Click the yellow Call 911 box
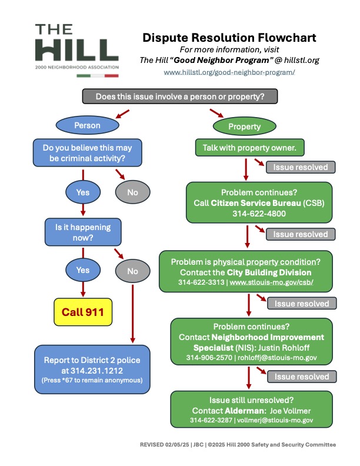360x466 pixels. coord(83,312)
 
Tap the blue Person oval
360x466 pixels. coord(87,125)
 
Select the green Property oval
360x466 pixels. coord(245,127)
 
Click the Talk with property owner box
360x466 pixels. coord(250,148)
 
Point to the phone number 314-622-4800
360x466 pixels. coord(259,214)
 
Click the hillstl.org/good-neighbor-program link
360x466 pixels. coord(229,72)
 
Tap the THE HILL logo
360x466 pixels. coord(77,47)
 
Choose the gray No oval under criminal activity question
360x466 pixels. coord(133,192)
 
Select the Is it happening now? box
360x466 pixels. coord(83,232)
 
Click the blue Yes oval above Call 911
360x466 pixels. coord(83,270)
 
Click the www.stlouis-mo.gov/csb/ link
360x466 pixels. coord(272,282)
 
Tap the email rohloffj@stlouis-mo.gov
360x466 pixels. coord(277,358)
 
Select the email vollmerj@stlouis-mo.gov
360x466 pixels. coord(275,420)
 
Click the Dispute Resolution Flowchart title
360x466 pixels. coord(229,38)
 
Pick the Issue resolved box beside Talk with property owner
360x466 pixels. coord(301,167)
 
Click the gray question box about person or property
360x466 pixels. coord(180,96)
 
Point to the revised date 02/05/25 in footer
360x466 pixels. coord(177,445)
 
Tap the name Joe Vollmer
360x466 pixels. coord(290,411)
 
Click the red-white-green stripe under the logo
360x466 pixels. coord(98,76)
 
